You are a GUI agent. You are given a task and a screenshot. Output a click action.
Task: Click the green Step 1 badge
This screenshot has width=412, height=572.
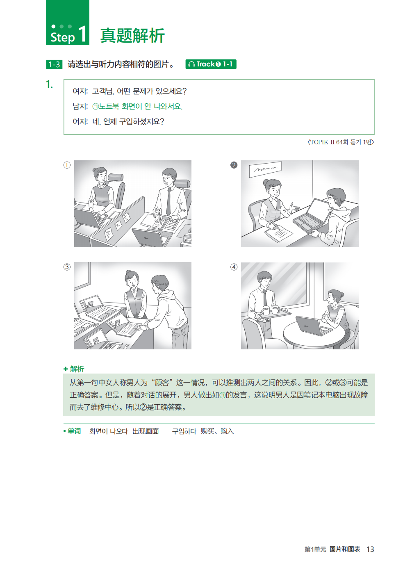pyautogui.click(x=67, y=23)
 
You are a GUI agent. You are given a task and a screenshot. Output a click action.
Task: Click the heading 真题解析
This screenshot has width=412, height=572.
pyautogui.click(x=132, y=36)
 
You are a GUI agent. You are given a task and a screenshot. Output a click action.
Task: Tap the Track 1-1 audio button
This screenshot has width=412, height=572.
pyautogui.click(x=211, y=64)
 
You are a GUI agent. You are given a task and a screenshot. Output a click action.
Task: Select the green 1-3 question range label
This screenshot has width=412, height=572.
pyautogui.click(x=54, y=64)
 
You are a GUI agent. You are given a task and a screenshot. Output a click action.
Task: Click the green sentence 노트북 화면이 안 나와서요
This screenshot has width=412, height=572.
pyautogui.click(x=137, y=106)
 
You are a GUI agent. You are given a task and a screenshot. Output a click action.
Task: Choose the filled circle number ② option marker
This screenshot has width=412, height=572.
pyautogui.click(x=234, y=165)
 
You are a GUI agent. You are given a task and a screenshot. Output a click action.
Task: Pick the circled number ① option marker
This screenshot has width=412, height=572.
pyautogui.click(x=67, y=165)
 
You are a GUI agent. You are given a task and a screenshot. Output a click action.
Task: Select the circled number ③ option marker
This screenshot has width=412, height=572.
pyautogui.click(x=67, y=267)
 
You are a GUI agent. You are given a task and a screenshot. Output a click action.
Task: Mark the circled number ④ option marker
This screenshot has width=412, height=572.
pyautogui.click(x=234, y=267)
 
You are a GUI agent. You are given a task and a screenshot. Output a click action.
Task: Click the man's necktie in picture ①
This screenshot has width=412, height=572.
pyautogui.click(x=168, y=202)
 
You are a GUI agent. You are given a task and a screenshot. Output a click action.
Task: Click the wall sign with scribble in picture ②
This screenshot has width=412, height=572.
pyautogui.click(x=265, y=169)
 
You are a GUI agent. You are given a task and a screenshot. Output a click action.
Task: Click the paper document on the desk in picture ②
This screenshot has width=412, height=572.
pyautogui.click(x=278, y=233)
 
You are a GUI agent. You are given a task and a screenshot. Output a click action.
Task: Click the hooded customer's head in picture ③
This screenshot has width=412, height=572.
pyautogui.click(x=160, y=283)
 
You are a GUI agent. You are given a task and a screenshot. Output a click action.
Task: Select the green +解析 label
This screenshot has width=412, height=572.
pyautogui.click(x=74, y=369)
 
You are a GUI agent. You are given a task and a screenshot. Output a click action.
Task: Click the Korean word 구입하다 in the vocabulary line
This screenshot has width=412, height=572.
pyautogui.click(x=184, y=431)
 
